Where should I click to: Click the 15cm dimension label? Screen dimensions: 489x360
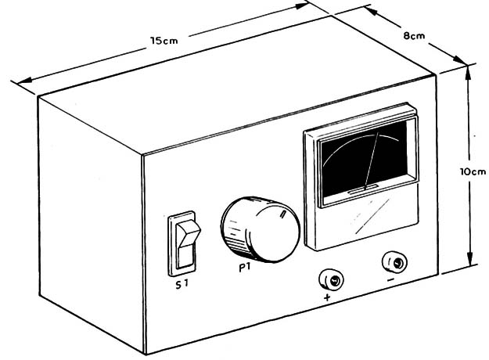tap(164, 41)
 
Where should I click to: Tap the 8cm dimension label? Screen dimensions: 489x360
tap(414, 36)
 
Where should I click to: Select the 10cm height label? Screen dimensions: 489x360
tap(473, 171)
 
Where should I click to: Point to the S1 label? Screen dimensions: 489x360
tap(182, 284)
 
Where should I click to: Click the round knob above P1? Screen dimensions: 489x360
tap(260, 229)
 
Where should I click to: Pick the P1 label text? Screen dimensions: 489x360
tap(245, 268)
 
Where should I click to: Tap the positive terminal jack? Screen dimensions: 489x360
tap(332, 279)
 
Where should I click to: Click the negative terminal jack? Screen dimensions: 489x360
tap(394, 262)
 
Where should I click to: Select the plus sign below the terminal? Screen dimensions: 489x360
tap(327, 297)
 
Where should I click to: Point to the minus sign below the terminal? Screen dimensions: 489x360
tap(391, 279)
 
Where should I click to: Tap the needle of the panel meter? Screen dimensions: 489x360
tap(372, 160)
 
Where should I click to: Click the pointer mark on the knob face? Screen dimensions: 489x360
tap(283, 214)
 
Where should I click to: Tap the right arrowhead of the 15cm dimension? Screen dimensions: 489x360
tap(302, 5)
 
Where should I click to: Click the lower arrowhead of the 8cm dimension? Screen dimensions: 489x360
tap(460, 60)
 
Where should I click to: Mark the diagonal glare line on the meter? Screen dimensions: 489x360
tap(372, 216)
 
